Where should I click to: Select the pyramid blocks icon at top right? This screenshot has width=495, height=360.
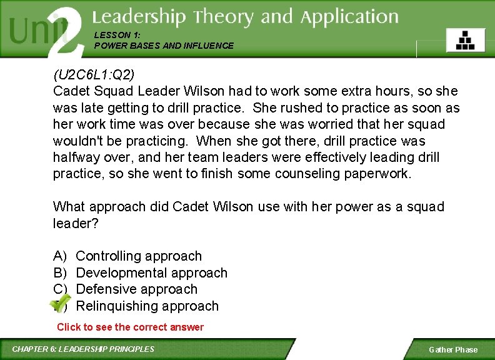click(465, 41)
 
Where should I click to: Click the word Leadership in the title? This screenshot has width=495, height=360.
click(139, 17)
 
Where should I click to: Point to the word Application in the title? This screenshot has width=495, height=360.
click(349, 17)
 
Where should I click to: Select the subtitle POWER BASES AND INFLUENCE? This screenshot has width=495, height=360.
click(164, 46)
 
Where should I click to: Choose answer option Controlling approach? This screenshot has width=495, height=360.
click(139, 256)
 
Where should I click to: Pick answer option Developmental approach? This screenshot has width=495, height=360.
click(151, 273)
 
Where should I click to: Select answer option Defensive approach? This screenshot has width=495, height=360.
click(136, 289)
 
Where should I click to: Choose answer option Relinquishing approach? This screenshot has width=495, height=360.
click(147, 306)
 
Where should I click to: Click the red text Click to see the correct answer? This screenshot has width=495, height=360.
click(130, 327)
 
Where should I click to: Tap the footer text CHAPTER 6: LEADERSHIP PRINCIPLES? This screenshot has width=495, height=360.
click(83, 349)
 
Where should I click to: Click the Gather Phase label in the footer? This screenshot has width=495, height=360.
click(453, 350)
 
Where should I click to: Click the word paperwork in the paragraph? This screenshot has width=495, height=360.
click(377, 174)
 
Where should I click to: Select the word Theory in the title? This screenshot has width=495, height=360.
click(224, 17)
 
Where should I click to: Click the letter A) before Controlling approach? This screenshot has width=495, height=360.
click(60, 256)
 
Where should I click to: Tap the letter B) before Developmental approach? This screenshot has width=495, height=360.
click(60, 273)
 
